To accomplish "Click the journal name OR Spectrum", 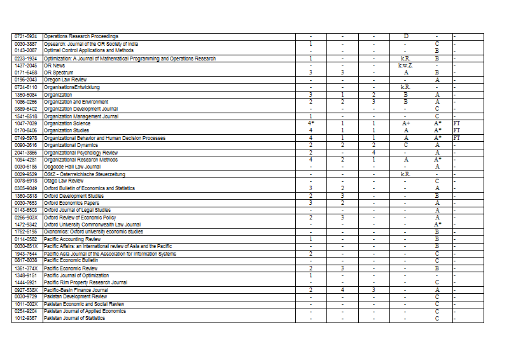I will pyautogui.click(x=59, y=73).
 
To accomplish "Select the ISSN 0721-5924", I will pyautogui.click(x=26, y=36).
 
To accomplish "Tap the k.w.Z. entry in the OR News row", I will pyautogui.click(x=405, y=66).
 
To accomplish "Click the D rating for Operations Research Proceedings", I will pyautogui.click(x=405, y=36).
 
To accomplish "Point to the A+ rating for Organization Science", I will pyautogui.click(x=405, y=123).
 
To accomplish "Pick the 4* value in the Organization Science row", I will pyautogui.click(x=310, y=123).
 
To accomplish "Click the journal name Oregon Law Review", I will pyautogui.click(x=66, y=80).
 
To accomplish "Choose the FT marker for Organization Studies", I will pyautogui.click(x=456, y=130).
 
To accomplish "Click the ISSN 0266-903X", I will pyautogui.click(x=26, y=218).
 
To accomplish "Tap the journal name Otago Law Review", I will pyautogui.click(x=64, y=181).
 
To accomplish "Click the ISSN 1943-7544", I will pyautogui.click(x=26, y=254).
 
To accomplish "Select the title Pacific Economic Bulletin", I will pyautogui.click(x=71, y=260).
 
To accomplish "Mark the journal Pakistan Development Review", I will pyautogui.click(x=75, y=296).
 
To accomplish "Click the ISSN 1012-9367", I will pyautogui.click(x=26, y=318).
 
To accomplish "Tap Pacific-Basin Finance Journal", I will pyautogui.click(x=76, y=290).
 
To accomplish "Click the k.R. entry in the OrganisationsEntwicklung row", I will pyautogui.click(x=405, y=87).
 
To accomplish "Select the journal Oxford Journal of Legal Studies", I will pyautogui.click(x=77, y=210).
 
